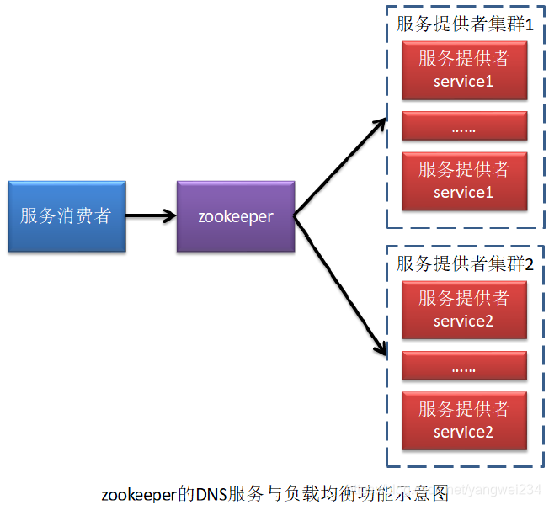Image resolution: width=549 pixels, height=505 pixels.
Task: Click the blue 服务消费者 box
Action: point(67,216)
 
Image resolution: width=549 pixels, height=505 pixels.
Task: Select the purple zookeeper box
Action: point(236,216)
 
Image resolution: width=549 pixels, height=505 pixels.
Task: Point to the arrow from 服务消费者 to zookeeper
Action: point(151,216)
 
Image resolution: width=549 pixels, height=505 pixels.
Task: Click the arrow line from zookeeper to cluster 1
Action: point(337,168)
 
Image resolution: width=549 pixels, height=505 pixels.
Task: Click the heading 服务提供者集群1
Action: point(466,24)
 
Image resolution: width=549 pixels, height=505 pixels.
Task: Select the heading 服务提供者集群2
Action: point(466,263)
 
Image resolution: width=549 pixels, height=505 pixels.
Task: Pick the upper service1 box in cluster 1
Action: point(464,70)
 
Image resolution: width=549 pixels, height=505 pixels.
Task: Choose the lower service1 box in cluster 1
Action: point(464,181)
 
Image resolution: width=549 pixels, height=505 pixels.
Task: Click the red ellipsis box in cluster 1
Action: point(464,126)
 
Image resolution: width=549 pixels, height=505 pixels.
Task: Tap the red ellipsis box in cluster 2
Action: point(464,366)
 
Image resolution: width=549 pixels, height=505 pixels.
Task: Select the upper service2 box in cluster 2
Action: point(464,309)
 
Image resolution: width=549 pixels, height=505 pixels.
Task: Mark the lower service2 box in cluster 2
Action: point(464,420)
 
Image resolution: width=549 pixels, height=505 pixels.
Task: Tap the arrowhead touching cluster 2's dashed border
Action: point(380,348)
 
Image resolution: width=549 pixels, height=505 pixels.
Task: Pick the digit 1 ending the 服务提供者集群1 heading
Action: point(530,24)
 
